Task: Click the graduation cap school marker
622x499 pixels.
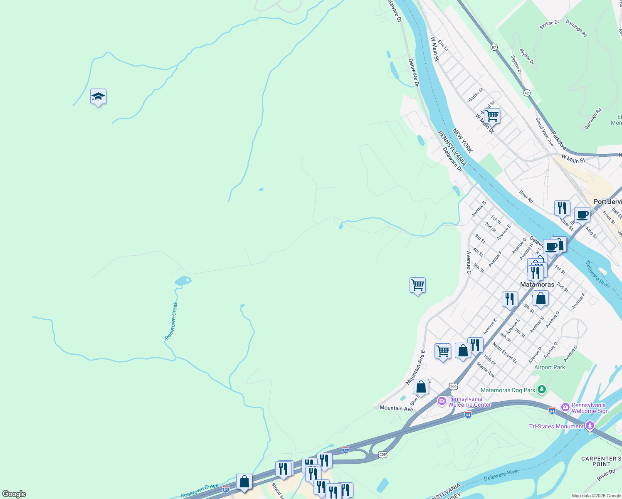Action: [98, 97]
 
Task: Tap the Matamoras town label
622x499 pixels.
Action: [537, 284]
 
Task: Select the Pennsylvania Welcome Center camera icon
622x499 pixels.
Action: [442, 401]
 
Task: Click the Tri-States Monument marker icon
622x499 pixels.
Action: [590, 425]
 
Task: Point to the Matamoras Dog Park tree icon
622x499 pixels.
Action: [541, 390]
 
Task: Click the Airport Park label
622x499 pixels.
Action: [549, 367]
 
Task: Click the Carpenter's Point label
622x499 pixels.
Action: [601, 461]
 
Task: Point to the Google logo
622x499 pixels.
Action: [14, 494]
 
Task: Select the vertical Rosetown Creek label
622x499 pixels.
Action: [171, 321]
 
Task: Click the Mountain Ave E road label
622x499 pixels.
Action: [416, 367]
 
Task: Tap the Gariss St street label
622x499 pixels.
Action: [476, 94]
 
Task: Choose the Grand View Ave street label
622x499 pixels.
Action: [544, 132]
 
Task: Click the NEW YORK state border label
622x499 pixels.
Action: [462, 141]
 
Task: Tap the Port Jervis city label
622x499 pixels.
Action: [607, 202]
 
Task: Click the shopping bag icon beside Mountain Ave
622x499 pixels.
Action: [421, 387]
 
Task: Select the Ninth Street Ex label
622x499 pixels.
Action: [505, 353]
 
